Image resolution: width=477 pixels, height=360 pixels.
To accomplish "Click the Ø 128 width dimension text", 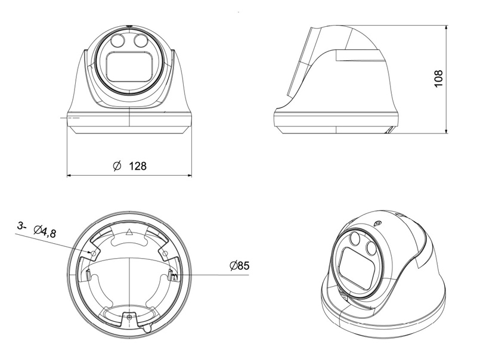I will coord(129,166).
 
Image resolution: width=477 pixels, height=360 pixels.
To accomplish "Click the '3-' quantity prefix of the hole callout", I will coord(22,226).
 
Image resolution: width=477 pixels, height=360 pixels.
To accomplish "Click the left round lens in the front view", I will coord(117,42).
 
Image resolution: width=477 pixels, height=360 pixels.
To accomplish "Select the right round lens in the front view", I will coord(141,41).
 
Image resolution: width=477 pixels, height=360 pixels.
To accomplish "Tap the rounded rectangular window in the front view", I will coord(129,67).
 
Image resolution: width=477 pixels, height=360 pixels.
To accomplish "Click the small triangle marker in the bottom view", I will coord(129,232).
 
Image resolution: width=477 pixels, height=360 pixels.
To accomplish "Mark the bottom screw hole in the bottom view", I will coord(129,318).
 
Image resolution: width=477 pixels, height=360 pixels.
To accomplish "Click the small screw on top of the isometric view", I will coord(376,223).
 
